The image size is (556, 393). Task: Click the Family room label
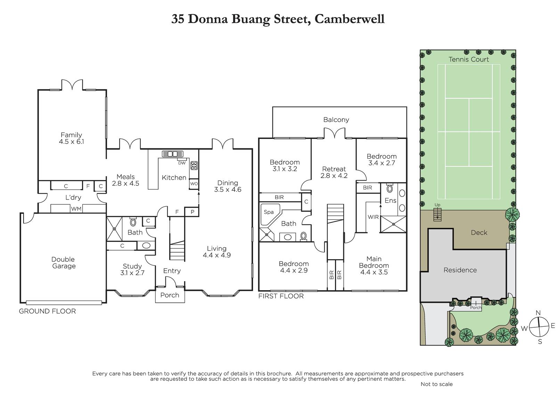click(x=71, y=135)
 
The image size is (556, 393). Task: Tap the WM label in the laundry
click(x=76, y=209)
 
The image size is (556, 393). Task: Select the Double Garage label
click(x=64, y=263)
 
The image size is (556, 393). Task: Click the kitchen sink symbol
click(x=172, y=154)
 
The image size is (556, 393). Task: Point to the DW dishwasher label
click(x=182, y=163)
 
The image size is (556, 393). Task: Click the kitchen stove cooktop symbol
click(x=194, y=165)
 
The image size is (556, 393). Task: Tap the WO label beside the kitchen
click(x=194, y=184)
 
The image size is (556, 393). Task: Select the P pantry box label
click(x=193, y=212)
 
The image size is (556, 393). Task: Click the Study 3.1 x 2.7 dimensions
click(x=132, y=273)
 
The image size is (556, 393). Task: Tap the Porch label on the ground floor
click(x=170, y=295)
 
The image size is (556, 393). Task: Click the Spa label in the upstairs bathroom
click(x=269, y=212)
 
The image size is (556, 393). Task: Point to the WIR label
click(x=373, y=217)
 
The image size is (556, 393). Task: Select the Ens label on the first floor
click(x=391, y=200)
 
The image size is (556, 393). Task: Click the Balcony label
click(x=336, y=120)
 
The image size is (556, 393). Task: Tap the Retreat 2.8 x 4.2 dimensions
click(x=334, y=176)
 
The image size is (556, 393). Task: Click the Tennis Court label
click(x=469, y=59)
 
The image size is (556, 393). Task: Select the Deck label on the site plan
click(x=479, y=232)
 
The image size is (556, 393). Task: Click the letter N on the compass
click(x=538, y=313)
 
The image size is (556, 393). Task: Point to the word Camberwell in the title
click(x=350, y=19)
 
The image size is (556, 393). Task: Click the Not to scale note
click(x=436, y=384)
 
